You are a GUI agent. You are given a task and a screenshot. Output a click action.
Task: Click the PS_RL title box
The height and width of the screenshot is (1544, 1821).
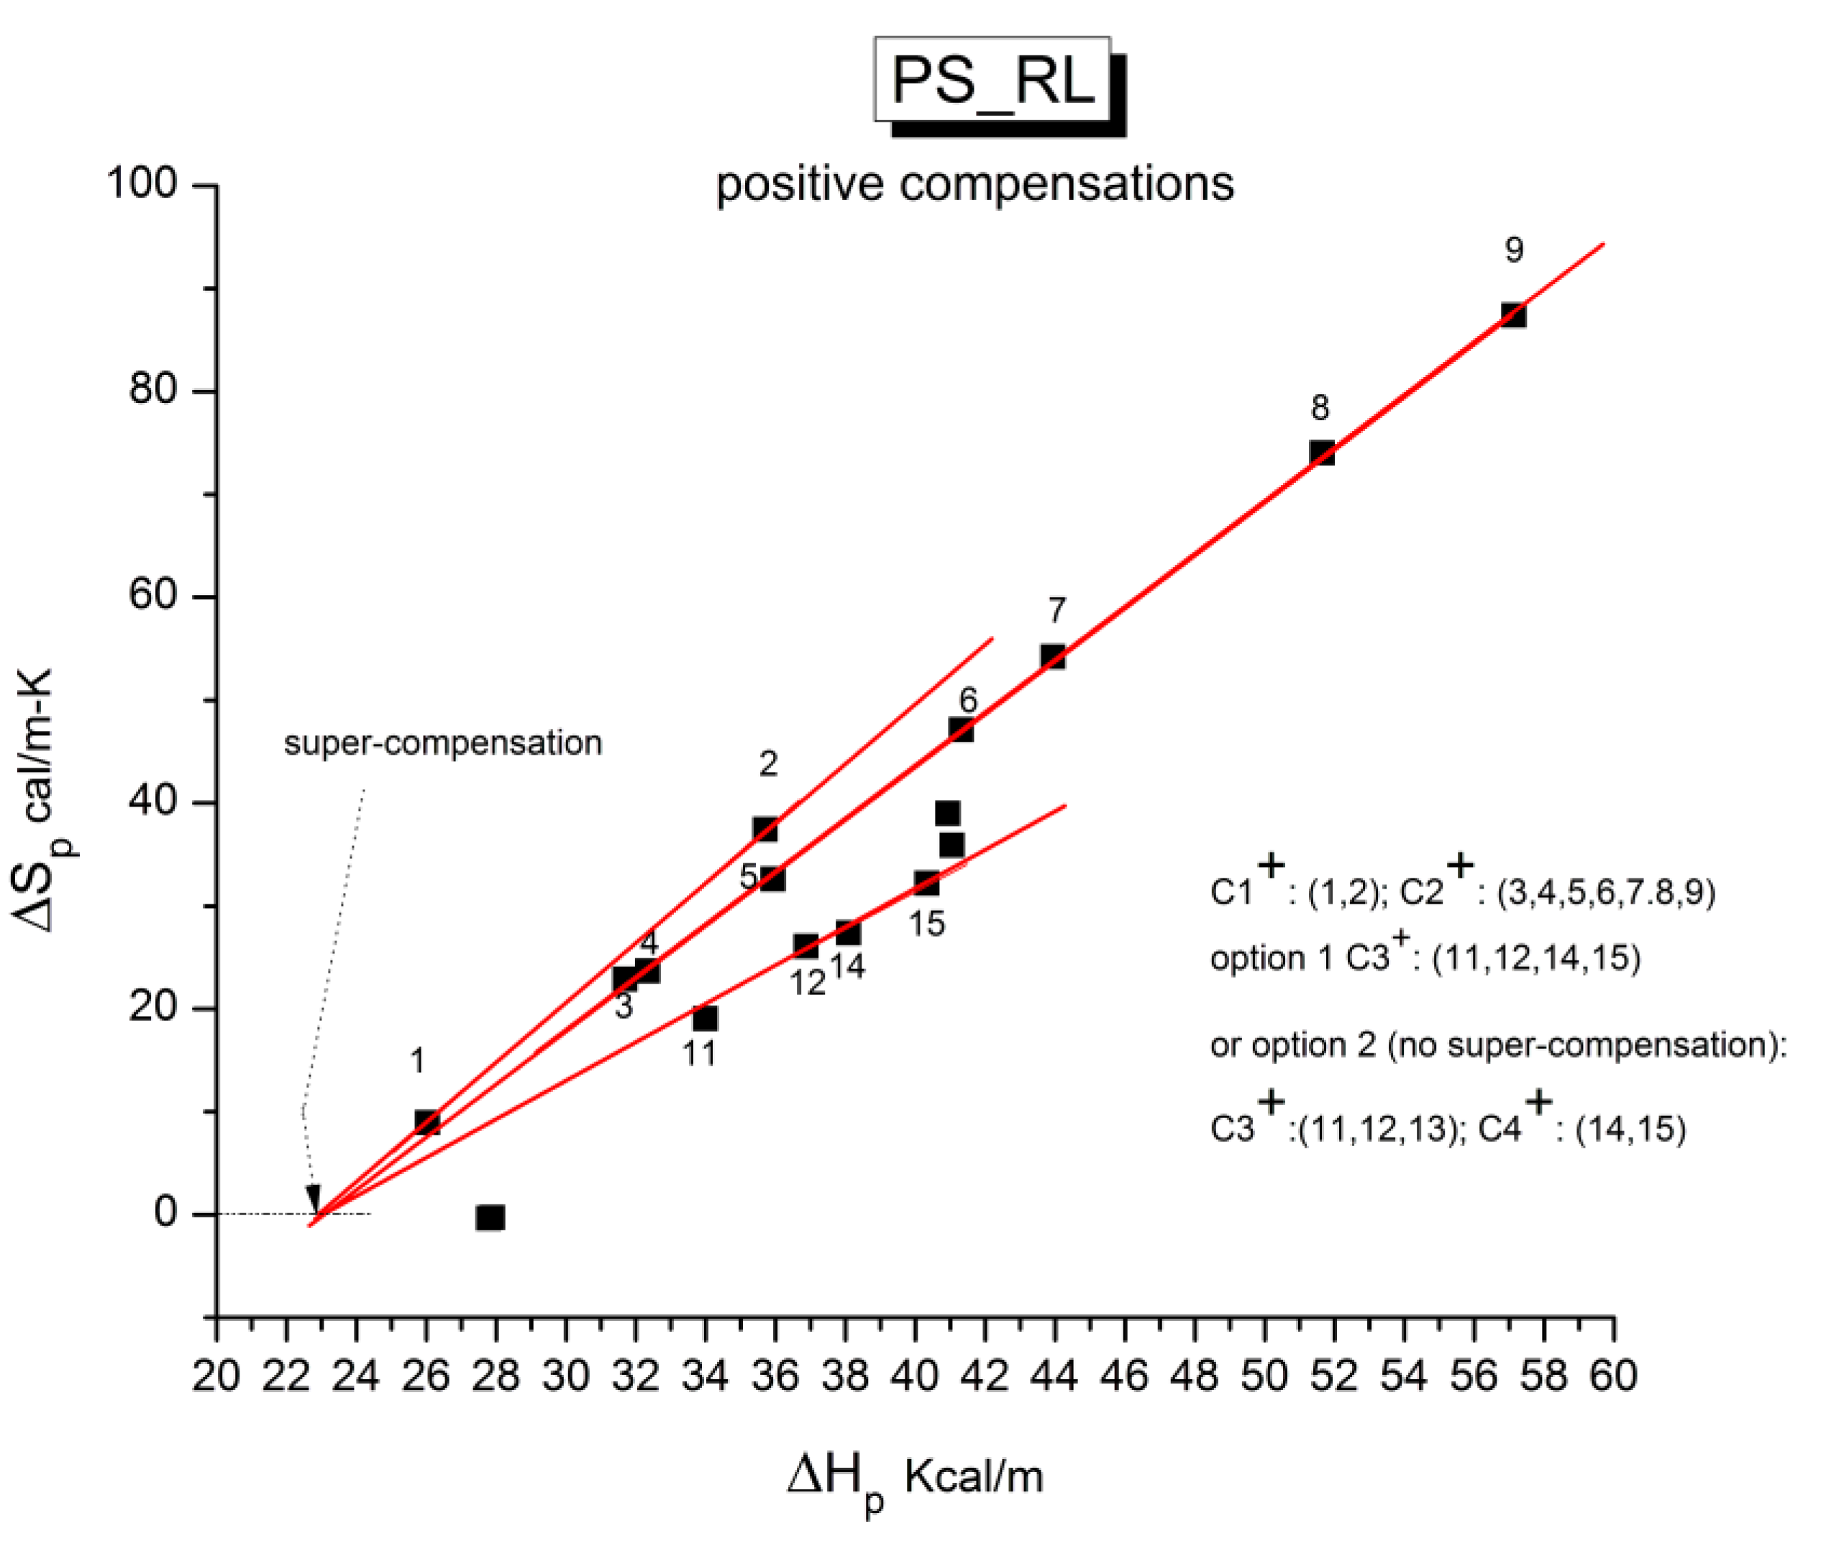(992, 80)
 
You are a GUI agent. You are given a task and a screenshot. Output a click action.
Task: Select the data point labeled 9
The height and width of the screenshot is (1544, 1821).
(1513, 315)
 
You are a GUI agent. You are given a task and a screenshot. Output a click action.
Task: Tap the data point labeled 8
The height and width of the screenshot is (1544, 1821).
(1321, 453)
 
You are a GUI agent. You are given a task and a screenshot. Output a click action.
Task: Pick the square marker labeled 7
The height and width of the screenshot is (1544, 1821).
(1053, 656)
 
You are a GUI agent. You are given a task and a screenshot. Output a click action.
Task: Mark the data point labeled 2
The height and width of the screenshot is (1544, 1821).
(765, 829)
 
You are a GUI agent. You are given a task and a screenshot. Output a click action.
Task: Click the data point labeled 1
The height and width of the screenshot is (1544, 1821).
(427, 1122)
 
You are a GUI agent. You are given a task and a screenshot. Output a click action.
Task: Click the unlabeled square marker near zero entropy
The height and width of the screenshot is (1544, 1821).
(490, 1217)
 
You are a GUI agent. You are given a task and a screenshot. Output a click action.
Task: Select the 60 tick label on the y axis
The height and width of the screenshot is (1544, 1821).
(153, 595)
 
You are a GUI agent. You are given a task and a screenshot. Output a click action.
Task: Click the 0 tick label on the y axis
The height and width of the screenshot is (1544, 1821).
(165, 1213)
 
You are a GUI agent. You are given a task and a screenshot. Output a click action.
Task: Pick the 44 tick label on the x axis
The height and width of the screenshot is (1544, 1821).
(1054, 1375)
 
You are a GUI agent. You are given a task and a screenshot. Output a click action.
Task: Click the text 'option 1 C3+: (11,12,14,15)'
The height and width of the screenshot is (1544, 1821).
(1425, 957)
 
